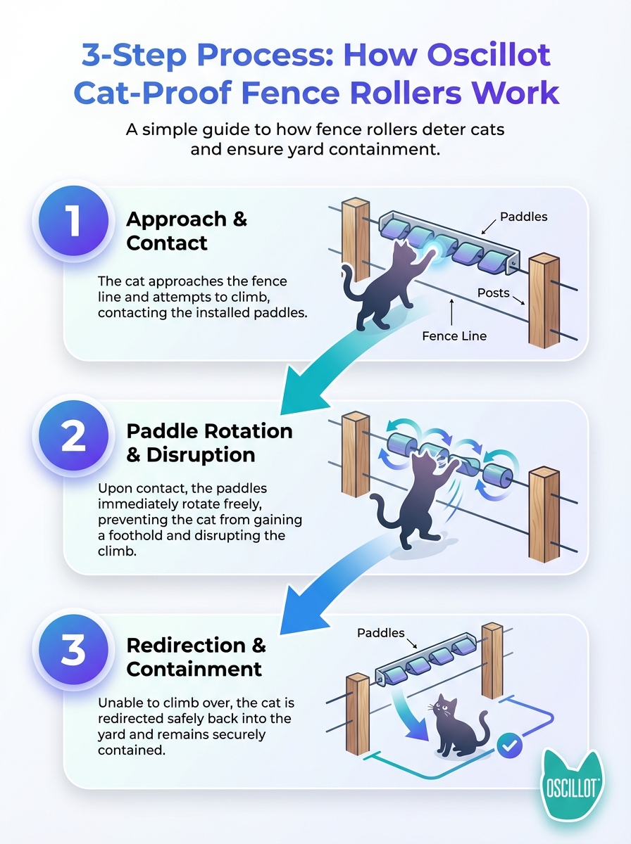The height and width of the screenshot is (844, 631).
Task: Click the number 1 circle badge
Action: pyautogui.click(x=73, y=221)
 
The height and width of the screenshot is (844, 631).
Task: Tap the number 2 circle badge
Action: pyautogui.click(x=73, y=435)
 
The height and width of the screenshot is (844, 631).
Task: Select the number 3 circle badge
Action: pyautogui.click(x=73, y=650)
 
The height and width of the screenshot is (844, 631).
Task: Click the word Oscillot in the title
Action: pyautogui.click(x=489, y=55)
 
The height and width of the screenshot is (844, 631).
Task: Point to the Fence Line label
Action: pyautogui.click(x=454, y=336)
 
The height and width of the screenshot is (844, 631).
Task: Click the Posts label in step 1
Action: pyautogui.click(x=493, y=293)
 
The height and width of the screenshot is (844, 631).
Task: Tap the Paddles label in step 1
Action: pyautogui.click(x=523, y=217)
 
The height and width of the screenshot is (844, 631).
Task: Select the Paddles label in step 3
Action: pyautogui.click(x=381, y=633)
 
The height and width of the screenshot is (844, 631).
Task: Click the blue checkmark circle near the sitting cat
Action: pyautogui.click(x=509, y=746)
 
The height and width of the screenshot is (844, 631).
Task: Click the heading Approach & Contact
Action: pyautogui.click(x=187, y=231)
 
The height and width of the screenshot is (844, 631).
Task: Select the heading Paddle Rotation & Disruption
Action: pyautogui.click(x=209, y=442)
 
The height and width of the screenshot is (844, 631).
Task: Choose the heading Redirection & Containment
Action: pyautogui.click(x=196, y=657)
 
